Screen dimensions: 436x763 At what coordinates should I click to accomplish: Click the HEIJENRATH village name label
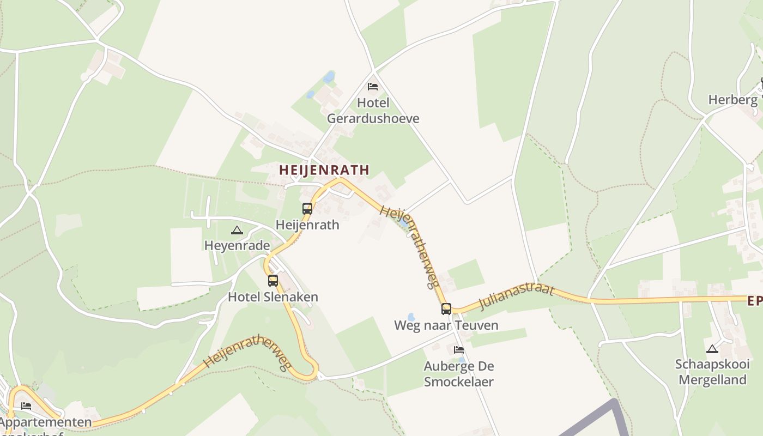point(324,170)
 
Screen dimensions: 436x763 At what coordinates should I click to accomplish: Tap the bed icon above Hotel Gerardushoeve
point(373,86)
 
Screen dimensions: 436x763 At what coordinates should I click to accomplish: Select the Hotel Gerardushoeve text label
point(373,111)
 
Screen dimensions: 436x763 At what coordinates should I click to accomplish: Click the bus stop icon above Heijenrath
point(307,208)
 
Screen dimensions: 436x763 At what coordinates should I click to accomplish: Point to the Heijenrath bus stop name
point(307,225)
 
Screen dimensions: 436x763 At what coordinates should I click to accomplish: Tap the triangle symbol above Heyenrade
point(237,230)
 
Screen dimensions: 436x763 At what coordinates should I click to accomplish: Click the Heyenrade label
point(237,246)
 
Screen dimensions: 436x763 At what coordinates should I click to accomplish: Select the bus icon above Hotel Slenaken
point(273,281)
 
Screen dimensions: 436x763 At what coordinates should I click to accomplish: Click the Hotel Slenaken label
point(273,297)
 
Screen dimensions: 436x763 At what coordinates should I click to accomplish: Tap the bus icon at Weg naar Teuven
point(446,309)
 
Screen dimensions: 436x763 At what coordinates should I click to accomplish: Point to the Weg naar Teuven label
point(446,325)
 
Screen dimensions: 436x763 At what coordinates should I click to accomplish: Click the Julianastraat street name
point(516,296)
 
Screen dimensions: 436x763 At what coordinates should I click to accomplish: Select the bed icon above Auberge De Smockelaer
point(459,349)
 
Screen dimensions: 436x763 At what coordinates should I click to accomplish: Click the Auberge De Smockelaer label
point(459,374)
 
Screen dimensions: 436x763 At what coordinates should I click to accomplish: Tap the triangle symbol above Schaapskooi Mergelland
point(712,349)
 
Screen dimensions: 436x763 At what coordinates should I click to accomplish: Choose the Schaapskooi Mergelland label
point(712,372)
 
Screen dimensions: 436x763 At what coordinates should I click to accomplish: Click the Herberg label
point(732,100)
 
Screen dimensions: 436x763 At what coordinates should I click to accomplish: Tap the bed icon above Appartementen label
point(26,406)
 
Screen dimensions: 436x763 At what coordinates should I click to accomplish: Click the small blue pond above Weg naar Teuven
point(411,317)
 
